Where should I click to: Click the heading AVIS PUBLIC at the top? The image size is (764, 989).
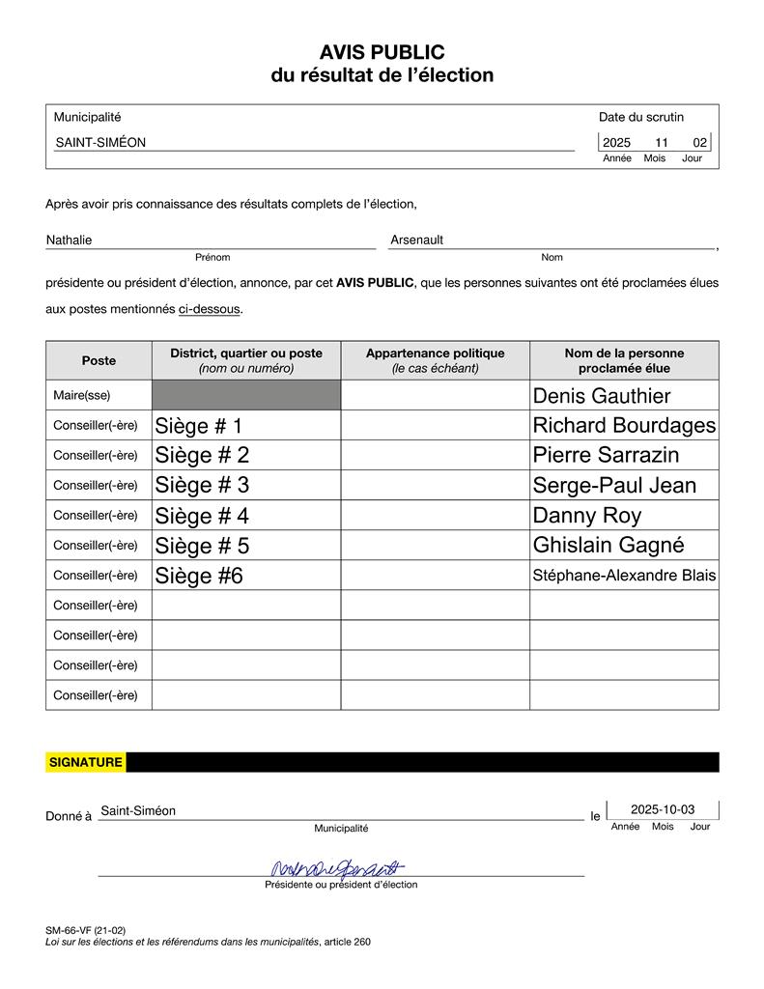(382, 52)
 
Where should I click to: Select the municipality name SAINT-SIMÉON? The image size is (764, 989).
(100, 142)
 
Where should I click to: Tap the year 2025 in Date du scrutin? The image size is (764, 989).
(616, 143)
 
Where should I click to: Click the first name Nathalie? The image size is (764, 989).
(70, 240)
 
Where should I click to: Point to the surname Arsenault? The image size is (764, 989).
(417, 240)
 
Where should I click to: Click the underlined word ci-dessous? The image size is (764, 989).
(209, 309)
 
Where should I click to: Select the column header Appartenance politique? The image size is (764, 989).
(435, 353)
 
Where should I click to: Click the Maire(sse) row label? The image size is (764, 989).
(82, 395)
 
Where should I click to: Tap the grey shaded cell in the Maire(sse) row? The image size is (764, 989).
(246, 395)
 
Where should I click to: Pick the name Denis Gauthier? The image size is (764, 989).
(602, 396)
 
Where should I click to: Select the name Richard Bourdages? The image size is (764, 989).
(624, 426)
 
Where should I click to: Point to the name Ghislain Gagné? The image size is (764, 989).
(608, 546)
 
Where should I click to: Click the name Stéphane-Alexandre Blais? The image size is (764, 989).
(624, 576)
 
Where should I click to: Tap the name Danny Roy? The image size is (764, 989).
(587, 516)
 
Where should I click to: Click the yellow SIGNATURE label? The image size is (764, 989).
(86, 762)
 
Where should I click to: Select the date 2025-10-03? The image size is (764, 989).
(662, 809)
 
